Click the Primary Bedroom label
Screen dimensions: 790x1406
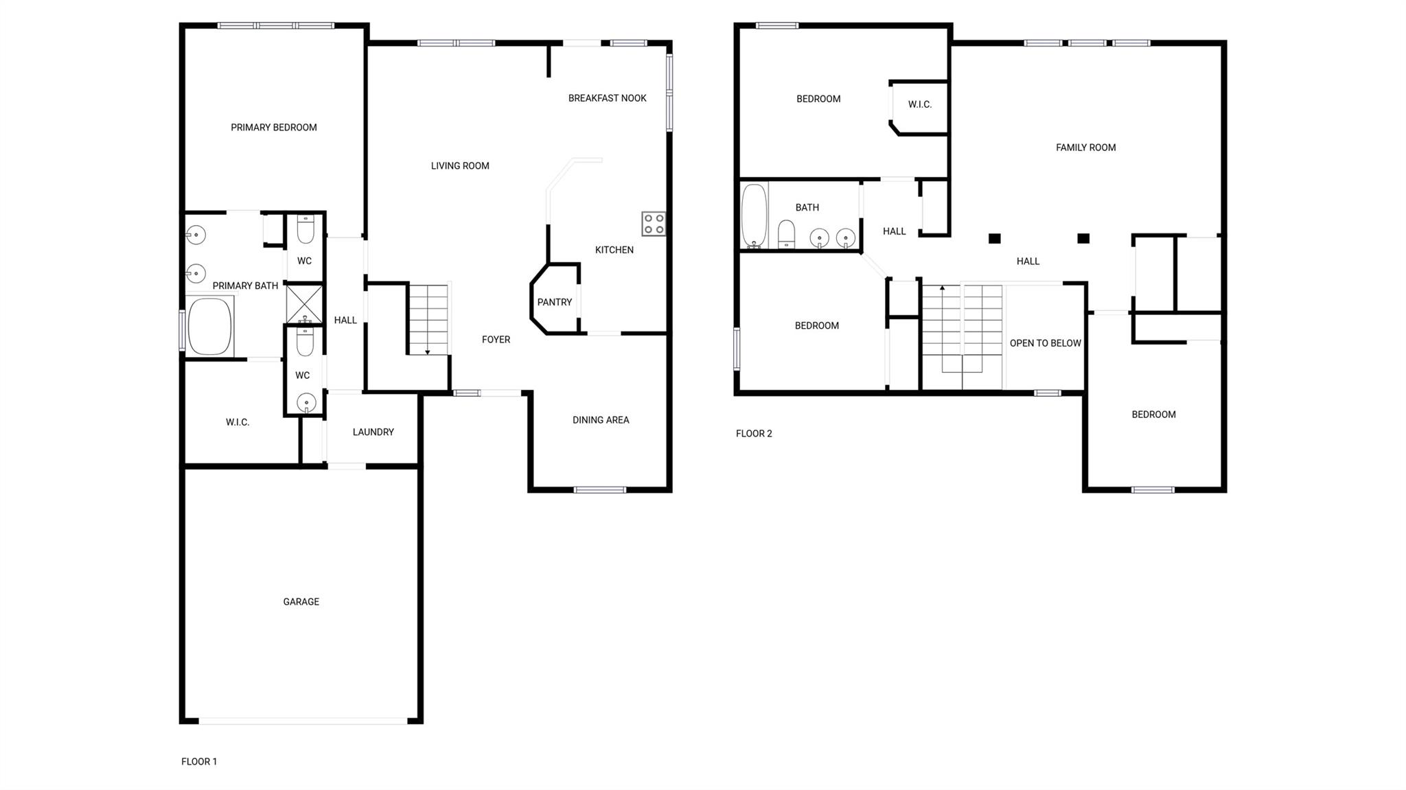click(273, 128)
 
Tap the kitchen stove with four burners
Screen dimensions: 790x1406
click(653, 224)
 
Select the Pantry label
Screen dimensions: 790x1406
click(554, 302)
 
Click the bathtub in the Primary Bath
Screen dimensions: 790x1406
click(209, 327)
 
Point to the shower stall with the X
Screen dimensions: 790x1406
click(304, 303)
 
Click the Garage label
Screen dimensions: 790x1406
click(301, 602)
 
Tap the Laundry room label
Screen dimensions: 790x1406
click(373, 432)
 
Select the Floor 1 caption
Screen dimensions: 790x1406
click(199, 762)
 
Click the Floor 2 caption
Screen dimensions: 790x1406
click(754, 434)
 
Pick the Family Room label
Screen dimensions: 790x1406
click(1085, 148)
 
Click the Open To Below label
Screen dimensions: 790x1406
click(1045, 343)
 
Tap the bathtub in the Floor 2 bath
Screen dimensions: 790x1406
click(754, 215)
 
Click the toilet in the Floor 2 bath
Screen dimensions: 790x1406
click(787, 233)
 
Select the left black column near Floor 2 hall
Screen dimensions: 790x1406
click(994, 239)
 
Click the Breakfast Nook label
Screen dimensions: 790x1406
click(607, 98)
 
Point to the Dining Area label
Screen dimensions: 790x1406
click(601, 420)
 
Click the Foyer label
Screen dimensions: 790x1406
click(496, 340)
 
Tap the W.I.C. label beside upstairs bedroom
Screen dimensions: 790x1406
click(919, 104)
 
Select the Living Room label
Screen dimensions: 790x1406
click(460, 166)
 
